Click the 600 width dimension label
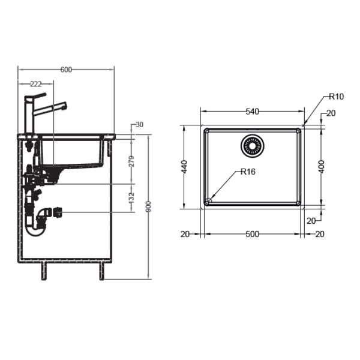pos(66,70)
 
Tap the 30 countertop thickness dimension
pos(139,125)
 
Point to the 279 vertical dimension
pos(132,161)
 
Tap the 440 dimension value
pos(185,167)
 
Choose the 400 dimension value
pos(322,167)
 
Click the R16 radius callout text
pos(248,172)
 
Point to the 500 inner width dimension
pos(252,234)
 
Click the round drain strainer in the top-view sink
pos(252,145)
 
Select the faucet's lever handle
pos(37,95)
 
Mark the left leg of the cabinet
pos(43,271)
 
